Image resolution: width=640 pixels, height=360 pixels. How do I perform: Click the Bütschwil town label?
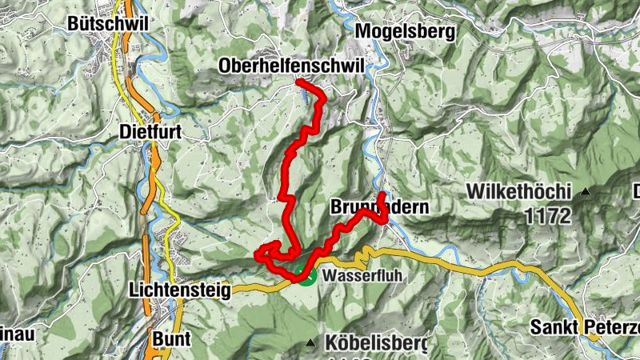point(108,23)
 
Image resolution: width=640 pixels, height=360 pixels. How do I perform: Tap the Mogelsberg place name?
point(405,32)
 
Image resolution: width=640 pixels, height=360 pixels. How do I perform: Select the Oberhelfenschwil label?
point(290,66)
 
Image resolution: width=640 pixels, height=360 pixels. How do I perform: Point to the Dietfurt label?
point(151,130)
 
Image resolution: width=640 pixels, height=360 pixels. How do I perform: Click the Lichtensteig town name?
point(179,290)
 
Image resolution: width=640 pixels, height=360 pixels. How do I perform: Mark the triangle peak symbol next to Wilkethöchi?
point(586,192)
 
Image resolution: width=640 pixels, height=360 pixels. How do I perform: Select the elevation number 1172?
point(549,215)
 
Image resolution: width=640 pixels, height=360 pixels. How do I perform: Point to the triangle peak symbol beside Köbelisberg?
point(311,343)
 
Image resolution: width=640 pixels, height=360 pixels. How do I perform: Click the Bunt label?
point(171,338)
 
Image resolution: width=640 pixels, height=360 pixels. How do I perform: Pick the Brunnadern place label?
point(379,207)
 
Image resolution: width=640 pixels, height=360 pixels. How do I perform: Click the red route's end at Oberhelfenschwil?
point(298,82)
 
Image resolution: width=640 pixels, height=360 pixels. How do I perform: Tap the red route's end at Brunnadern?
point(382,195)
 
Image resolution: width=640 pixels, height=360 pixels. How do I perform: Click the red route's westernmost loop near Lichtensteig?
point(258,255)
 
